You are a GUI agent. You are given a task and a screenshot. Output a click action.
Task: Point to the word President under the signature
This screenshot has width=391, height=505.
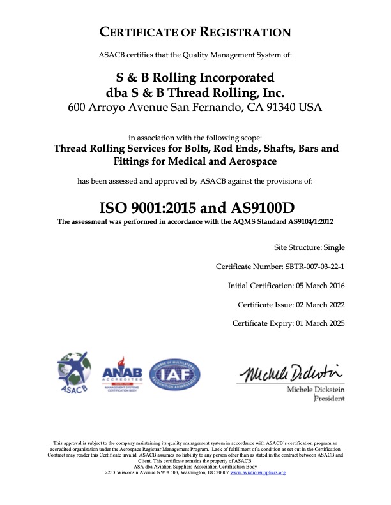tap(329, 399)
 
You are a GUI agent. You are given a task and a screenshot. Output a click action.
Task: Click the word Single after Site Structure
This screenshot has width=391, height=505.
tap(333, 247)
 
